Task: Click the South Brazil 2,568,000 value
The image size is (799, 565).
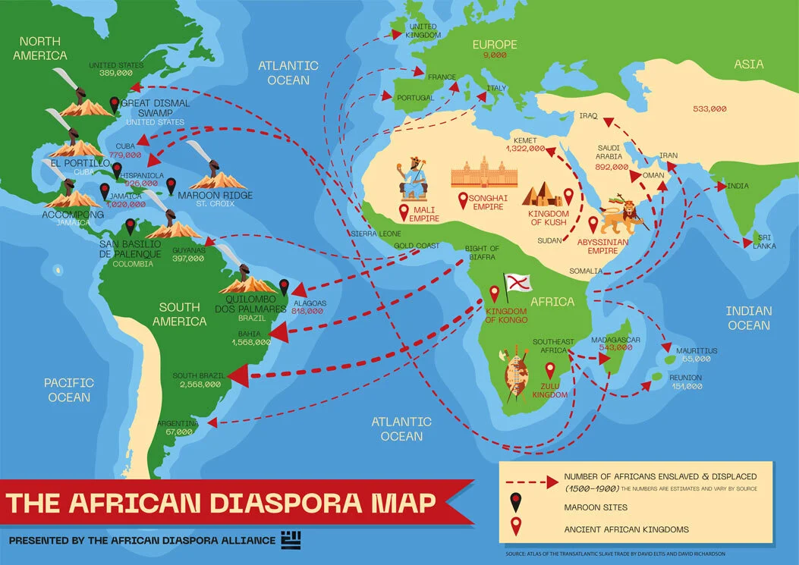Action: (x=200, y=385)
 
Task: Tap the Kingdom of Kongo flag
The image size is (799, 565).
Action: (x=520, y=282)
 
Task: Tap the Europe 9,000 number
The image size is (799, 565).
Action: (x=494, y=55)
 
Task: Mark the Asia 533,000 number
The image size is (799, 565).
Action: (x=709, y=109)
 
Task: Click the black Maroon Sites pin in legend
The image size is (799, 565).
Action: (x=517, y=506)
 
